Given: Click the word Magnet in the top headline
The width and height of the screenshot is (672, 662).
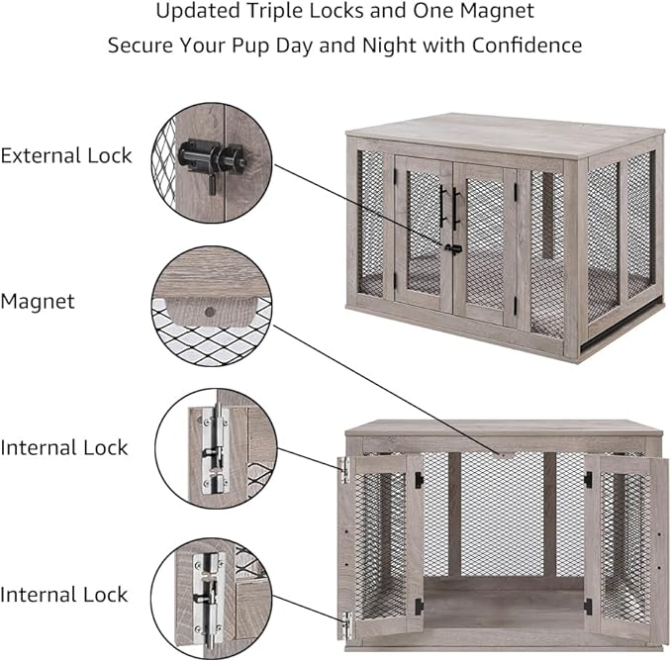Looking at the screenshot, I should coord(491,13).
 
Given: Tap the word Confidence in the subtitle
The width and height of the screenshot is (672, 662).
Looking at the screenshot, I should coord(524,47).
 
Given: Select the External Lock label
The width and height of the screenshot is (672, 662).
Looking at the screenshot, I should coord(66,155).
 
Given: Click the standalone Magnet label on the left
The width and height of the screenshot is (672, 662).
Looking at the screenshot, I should coord(38,301).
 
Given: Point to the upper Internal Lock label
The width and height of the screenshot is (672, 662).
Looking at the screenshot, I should coord(64,447).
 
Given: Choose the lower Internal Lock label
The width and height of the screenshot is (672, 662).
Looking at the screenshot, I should coord(64,595).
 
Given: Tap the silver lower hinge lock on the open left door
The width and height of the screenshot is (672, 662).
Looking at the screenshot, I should coord(346,623).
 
